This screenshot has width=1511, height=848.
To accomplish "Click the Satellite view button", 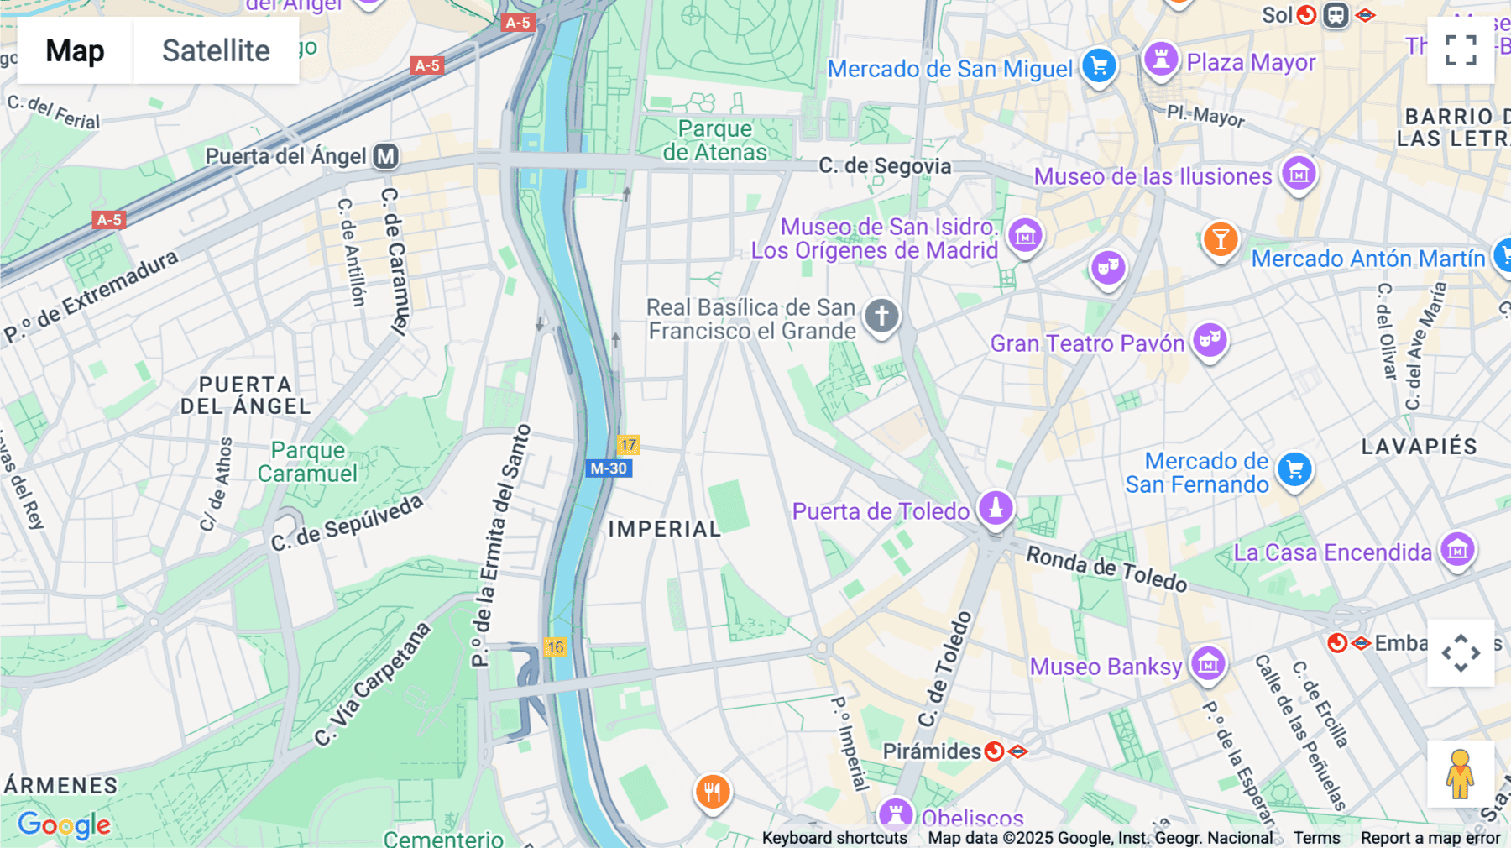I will pyautogui.click(x=216, y=50).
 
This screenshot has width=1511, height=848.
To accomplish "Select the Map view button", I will pyautogui.click(x=75, y=50).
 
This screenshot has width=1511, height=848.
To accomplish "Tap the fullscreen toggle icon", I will pyautogui.click(x=1461, y=50).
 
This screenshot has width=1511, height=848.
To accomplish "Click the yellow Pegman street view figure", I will pyautogui.click(x=1460, y=774).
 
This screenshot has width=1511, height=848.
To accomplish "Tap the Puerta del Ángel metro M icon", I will pyautogui.click(x=386, y=156).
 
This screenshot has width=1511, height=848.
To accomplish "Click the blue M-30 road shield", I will pyautogui.click(x=609, y=468).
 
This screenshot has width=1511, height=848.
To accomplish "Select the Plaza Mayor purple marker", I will pyautogui.click(x=1161, y=60).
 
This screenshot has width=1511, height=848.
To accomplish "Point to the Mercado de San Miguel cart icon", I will pyautogui.click(x=1099, y=66).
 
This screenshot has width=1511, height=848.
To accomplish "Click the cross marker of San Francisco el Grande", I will pyautogui.click(x=881, y=317).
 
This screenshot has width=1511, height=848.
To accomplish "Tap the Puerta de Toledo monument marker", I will pyautogui.click(x=996, y=508).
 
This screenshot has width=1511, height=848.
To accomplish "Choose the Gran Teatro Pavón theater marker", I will pyautogui.click(x=1210, y=340).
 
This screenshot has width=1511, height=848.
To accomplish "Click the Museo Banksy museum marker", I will pyautogui.click(x=1207, y=664).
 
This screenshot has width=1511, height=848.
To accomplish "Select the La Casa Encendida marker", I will pyautogui.click(x=1457, y=550).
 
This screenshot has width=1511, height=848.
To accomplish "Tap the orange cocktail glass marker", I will pyautogui.click(x=1221, y=240).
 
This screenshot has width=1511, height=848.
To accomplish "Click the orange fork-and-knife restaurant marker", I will pyautogui.click(x=713, y=791).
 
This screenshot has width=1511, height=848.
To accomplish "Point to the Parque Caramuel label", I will pyautogui.click(x=307, y=463).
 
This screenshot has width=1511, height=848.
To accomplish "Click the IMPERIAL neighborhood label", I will pyautogui.click(x=664, y=529).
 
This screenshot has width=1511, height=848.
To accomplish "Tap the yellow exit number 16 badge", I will pyautogui.click(x=555, y=647).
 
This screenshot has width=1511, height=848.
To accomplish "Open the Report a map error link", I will pyautogui.click(x=1430, y=838).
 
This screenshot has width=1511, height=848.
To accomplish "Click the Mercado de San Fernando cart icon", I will pyautogui.click(x=1294, y=470).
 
